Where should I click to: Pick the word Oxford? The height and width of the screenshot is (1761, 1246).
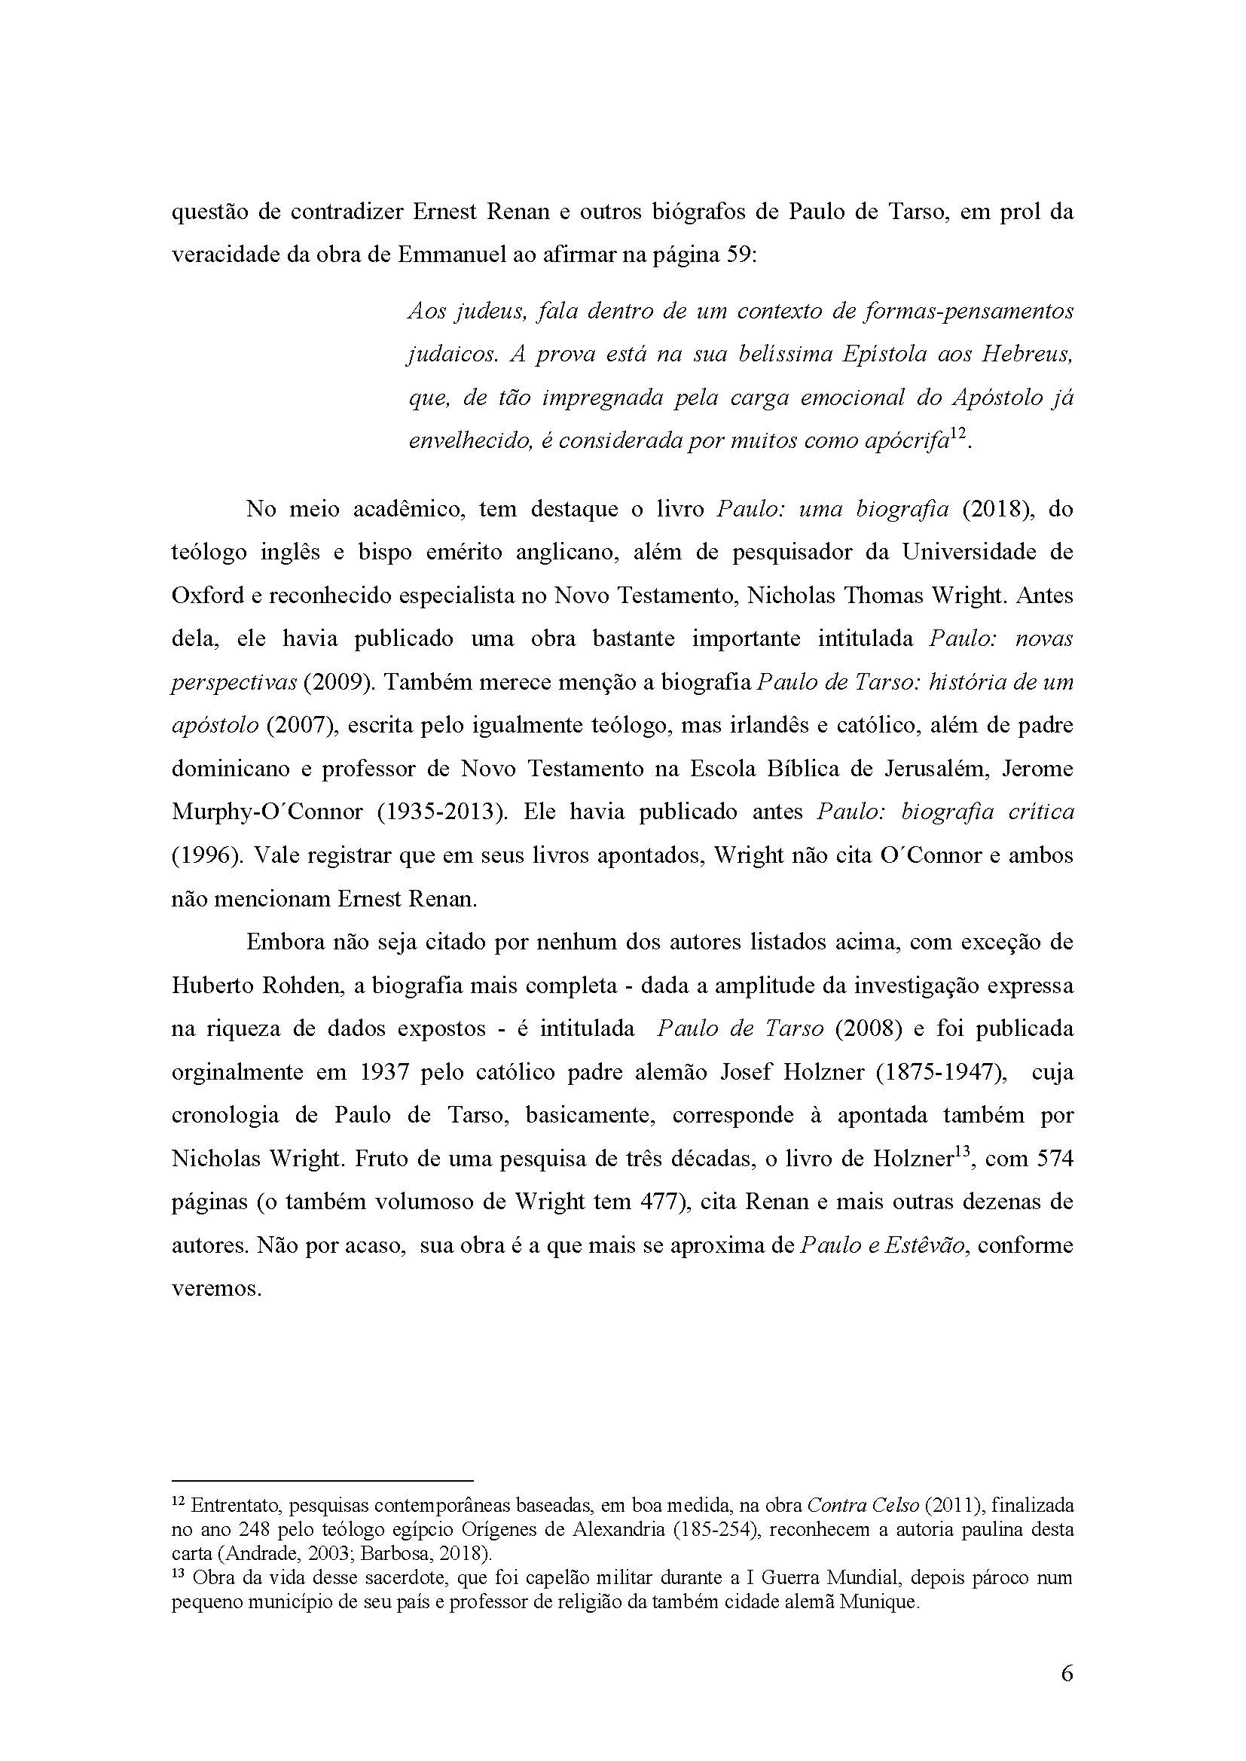pos(207,596)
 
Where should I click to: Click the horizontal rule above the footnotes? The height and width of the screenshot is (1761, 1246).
pos(322,1480)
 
